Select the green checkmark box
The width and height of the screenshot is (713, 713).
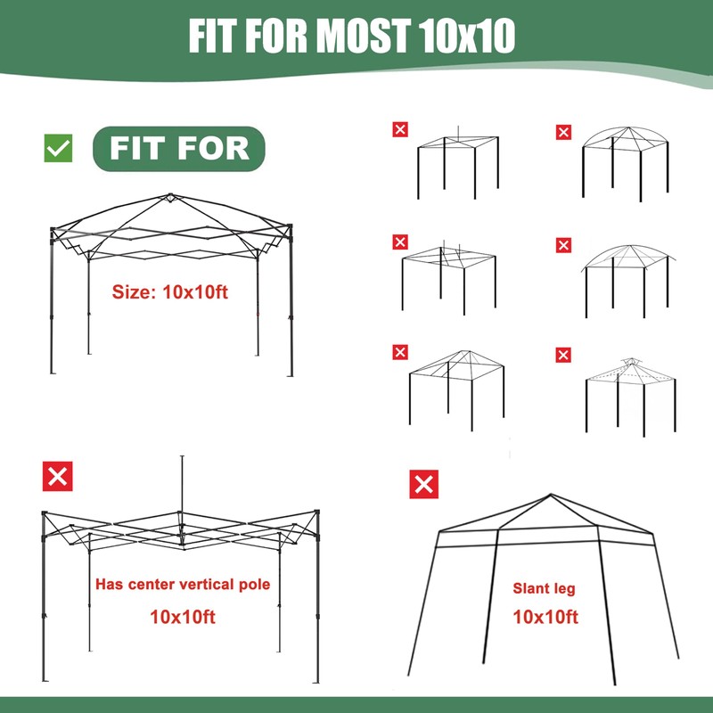pyautogui.click(x=59, y=148)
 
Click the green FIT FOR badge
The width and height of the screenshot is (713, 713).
pyautogui.click(x=179, y=148)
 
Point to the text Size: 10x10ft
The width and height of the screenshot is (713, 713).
pyautogui.click(x=170, y=291)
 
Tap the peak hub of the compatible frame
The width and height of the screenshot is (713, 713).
pyautogui.click(x=170, y=197)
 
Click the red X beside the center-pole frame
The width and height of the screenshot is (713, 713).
pyautogui.click(x=58, y=477)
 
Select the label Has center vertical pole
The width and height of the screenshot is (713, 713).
pyautogui.click(x=182, y=585)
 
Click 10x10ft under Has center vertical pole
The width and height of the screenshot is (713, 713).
pyautogui.click(x=182, y=616)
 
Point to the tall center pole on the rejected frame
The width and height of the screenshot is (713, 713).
pyautogui.click(x=182, y=486)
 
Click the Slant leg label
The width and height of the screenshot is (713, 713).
pyautogui.click(x=544, y=588)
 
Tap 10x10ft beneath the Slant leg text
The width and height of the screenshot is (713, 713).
pyautogui.click(x=545, y=617)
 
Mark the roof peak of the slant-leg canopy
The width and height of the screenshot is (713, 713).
pyautogui.click(x=550, y=496)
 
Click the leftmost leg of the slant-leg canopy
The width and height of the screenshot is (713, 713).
pyautogui.click(x=424, y=606)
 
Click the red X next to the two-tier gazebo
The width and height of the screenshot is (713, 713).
pyautogui.click(x=563, y=356)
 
